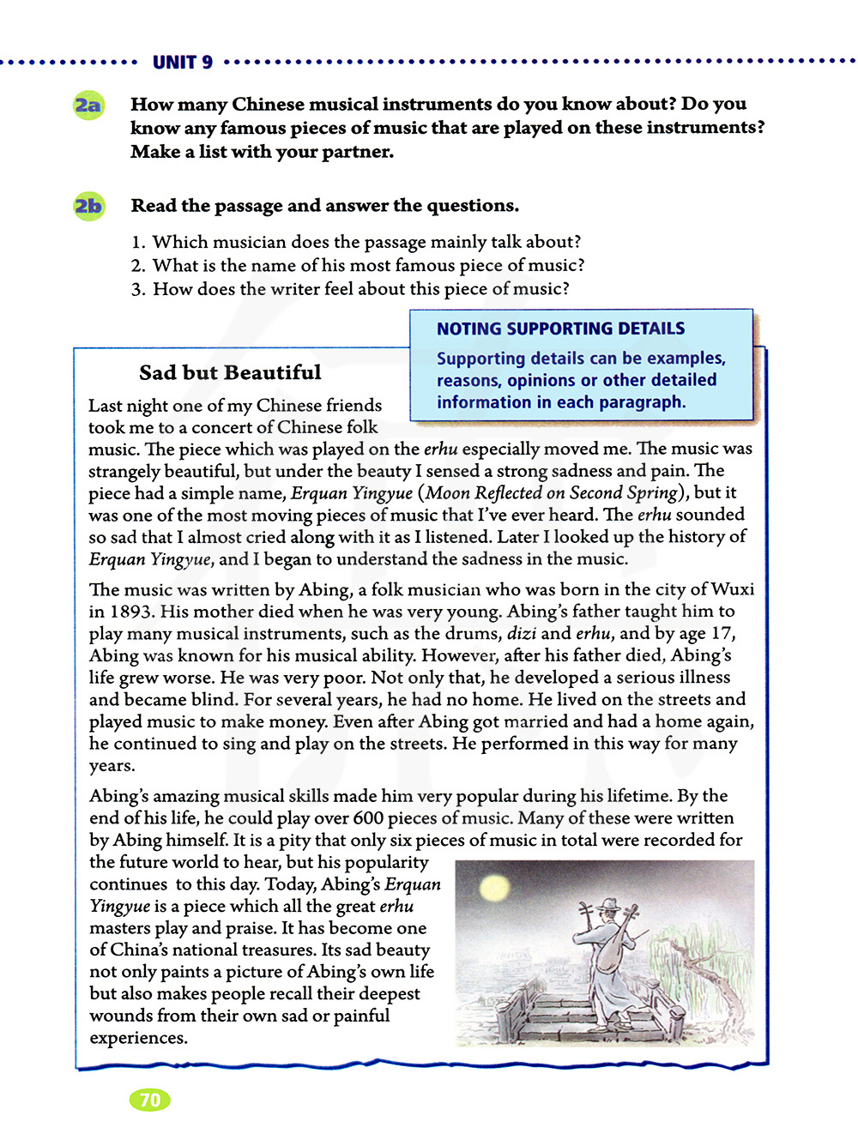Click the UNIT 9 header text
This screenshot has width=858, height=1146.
tap(182, 62)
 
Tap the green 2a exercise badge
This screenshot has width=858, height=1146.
tap(88, 106)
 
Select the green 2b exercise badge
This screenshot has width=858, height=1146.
tap(88, 206)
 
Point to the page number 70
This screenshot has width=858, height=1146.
tap(149, 1100)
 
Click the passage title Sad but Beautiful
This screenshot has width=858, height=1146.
tap(230, 372)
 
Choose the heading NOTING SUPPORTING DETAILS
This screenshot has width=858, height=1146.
tap(560, 329)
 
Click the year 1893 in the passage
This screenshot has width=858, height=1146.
tap(131, 612)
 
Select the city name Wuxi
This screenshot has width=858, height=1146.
tap(733, 589)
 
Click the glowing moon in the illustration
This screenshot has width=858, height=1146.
tap(495, 888)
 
